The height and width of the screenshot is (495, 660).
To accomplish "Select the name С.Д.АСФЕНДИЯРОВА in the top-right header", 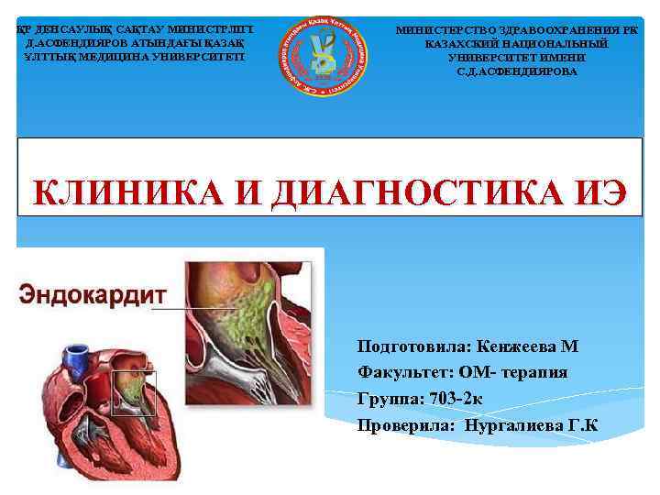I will tap(516, 71).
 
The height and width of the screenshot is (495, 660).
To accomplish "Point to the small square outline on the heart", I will tap(134, 393).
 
